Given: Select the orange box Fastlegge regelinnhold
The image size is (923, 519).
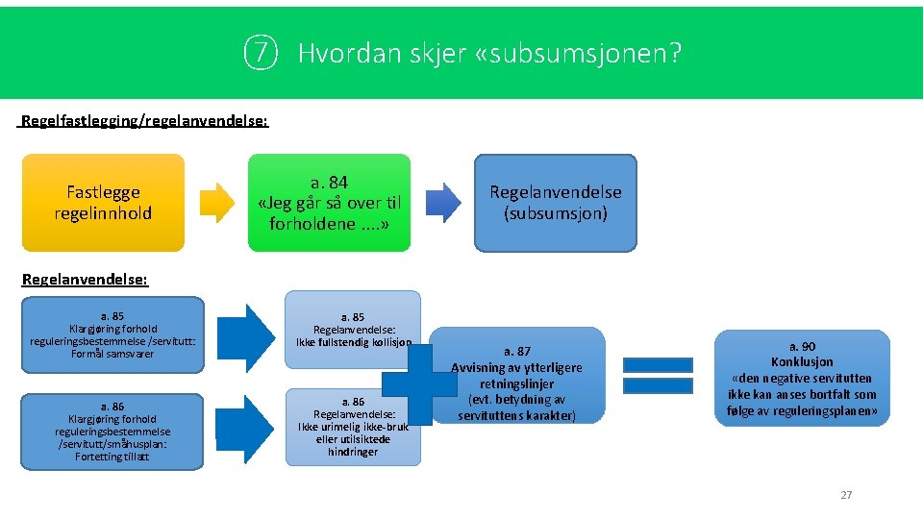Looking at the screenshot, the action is pyautogui.click(x=103, y=203).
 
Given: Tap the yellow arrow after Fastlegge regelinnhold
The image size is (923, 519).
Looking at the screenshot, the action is pyautogui.click(x=217, y=202).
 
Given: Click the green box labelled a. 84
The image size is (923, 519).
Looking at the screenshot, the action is pyautogui.click(x=330, y=203).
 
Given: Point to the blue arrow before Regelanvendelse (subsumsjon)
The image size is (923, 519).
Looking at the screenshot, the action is pyautogui.click(x=443, y=202).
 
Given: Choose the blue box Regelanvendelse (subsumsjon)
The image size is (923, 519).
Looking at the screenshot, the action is pyautogui.click(x=555, y=203).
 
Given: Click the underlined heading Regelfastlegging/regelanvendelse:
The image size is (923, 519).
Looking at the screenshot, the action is pyautogui.click(x=144, y=122).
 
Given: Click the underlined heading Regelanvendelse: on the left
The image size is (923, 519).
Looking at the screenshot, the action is pyautogui.click(x=85, y=279).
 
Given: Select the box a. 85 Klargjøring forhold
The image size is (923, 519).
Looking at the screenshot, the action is pyautogui.click(x=112, y=334).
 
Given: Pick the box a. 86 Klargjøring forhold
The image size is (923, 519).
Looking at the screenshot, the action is pyautogui.click(x=112, y=432).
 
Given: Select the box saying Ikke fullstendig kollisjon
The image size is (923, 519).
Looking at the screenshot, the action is pyautogui.click(x=353, y=326).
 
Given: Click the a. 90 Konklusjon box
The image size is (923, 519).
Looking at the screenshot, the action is pyautogui.click(x=802, y=378).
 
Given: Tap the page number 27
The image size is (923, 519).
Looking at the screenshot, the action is pyautogui.click(x=846, y=495).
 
